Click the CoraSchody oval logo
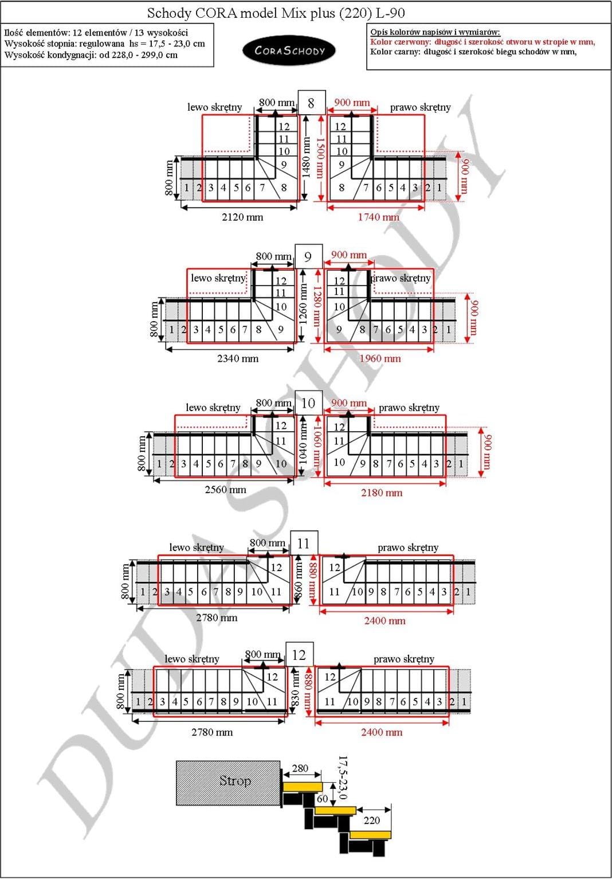289,50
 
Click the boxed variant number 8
311,103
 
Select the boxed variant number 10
308,403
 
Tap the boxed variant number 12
299,655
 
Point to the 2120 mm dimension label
242,217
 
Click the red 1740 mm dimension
378,217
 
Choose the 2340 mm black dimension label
237,359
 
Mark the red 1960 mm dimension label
380,359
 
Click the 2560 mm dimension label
225,490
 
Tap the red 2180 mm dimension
381,493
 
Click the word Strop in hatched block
235,780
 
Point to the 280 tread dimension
300,768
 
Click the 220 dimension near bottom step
371,821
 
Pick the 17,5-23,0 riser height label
343,777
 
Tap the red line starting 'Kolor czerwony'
482,42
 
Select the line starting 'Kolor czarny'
473,52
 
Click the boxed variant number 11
304,543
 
